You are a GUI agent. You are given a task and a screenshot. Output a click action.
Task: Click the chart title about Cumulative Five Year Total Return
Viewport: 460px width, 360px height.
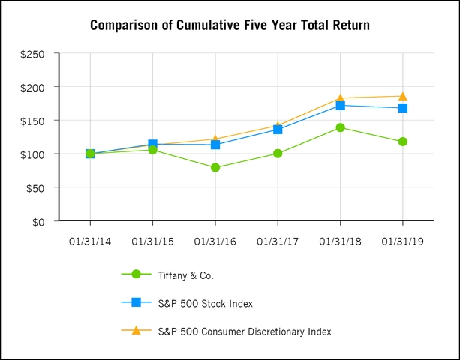(x=230, y=25)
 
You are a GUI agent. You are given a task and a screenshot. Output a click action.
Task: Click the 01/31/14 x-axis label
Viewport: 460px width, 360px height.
(x=90, y=241)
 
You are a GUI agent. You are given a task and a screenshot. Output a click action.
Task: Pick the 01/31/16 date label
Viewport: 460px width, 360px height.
(x=215, y=241)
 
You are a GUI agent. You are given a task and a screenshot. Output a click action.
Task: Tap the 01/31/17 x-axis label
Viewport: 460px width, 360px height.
(x=278, y=241)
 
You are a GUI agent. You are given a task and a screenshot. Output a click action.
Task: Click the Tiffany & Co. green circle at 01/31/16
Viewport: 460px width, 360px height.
(x=215, y=168)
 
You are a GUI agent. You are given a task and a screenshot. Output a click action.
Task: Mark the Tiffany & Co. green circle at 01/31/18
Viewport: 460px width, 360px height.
(x=341, y=127)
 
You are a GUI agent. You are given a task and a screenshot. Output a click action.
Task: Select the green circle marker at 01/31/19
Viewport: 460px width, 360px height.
(x=403, y=142)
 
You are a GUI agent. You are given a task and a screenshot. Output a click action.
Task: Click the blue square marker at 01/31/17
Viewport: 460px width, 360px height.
(x=278, y=130)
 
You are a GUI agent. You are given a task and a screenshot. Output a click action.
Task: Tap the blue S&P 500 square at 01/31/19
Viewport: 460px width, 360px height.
(x=403, y=108)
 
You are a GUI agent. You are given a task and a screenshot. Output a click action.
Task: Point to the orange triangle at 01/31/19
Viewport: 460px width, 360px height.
(x=403, y=96)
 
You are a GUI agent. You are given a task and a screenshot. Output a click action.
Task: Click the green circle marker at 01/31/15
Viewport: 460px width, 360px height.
(x=153, y=150)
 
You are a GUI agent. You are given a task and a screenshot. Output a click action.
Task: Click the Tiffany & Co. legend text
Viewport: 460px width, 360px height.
(x=186, y=275)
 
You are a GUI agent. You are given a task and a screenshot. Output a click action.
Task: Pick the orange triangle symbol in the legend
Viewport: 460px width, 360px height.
(x=136, y=331)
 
